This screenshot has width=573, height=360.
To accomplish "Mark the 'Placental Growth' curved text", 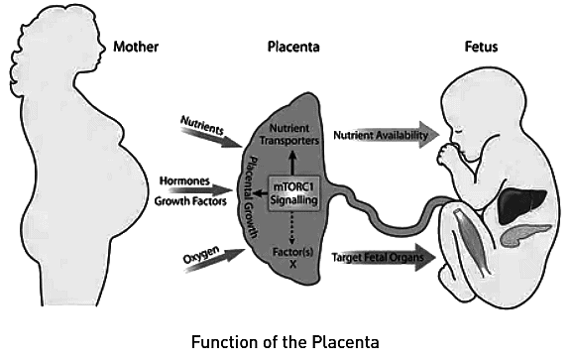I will [255, 193].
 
